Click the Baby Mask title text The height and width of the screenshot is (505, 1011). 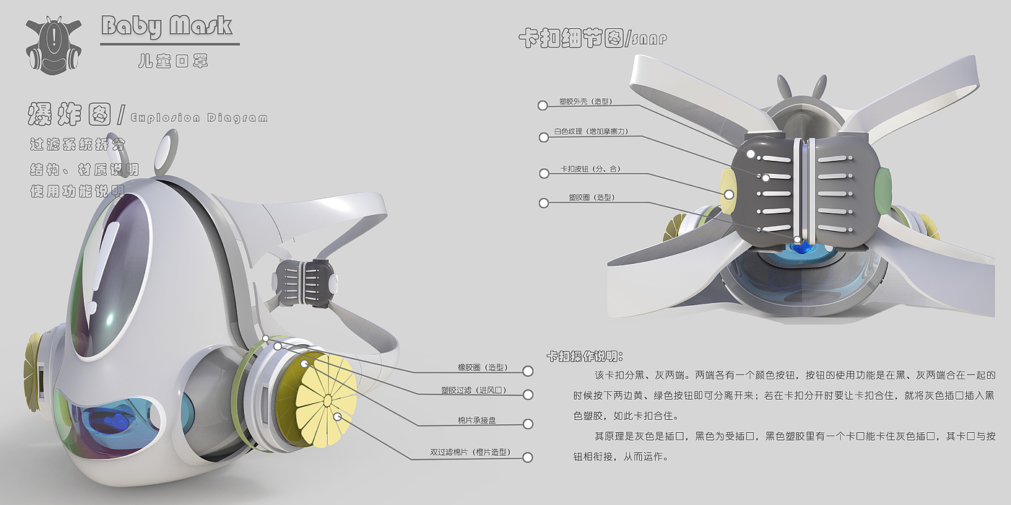pos(167,27)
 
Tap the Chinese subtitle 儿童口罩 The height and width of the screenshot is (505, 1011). pos(173,61)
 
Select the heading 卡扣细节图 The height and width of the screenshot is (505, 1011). pos(570,39)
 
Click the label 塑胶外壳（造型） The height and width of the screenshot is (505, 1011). pos(585,102)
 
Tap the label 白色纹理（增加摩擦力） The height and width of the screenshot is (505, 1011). pos(588,133)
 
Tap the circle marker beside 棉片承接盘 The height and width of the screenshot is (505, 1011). pos(528,424)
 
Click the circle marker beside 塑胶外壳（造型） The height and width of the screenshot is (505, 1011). pos(542,105)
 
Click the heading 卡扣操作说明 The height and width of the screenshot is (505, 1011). pos(584,356)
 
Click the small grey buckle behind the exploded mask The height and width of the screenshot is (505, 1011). pos(305,284)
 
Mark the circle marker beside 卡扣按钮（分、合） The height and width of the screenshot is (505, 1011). pos(544,173)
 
